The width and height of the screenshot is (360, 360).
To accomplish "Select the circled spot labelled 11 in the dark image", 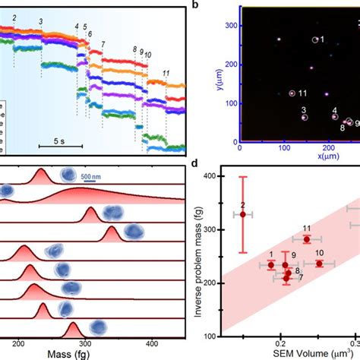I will (x=291, y=93).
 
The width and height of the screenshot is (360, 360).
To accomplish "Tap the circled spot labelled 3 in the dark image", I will (x=305, y=117).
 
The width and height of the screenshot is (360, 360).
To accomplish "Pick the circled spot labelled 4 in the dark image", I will (x=333, y=118).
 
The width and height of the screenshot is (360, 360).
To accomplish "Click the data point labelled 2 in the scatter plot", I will (x=243, y=214).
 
